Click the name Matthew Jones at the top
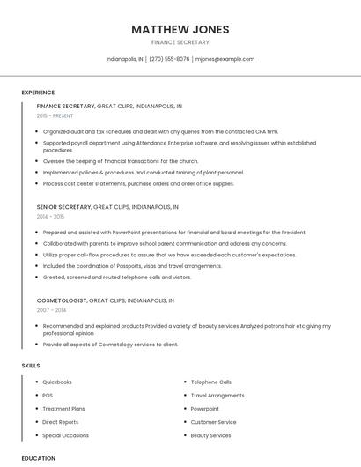click(180, 29)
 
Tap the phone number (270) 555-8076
click(169, 59)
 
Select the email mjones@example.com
click(225, 59)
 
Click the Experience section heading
click(38, 93)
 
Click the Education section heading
click(38, 458)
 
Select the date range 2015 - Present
click(55, 115)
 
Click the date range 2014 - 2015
click(50, 216)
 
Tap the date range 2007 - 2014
click(50, 310)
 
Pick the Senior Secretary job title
click(63, 207)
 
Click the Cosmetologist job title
click(62, 300)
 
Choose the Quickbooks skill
click(57, 382)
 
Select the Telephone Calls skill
click(211, 382)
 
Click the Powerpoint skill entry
click(205, 409)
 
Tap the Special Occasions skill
click(65, 435)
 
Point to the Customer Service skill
click(213, 422)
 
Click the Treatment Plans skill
click(63, 409)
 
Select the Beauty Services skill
click(210, 435)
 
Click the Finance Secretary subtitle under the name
click(180, 42)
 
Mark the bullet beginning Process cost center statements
click(138, 183)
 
